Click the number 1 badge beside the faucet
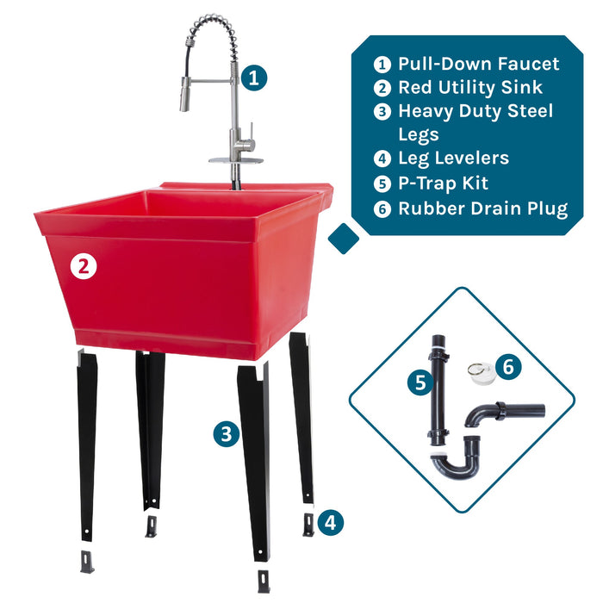pyautogui.click(x=252, y=78)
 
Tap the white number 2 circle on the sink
pyautogui.click(x=83, y=266)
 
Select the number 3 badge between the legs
pyautogui.click(x=227, y=434)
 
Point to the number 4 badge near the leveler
pyautogui.click(x=331, y=520)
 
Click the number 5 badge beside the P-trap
pyautogui.click(x=420, y=381)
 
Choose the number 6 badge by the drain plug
pyautogui.click(x=508, y=366)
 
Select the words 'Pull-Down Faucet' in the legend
pyautogui.click(x=478, y=64)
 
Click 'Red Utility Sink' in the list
pyautogui.click(x=470, y=87)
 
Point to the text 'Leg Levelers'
pyautogui.click(x=453, y=159)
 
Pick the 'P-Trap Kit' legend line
pyautogui.click(x=443, y=183)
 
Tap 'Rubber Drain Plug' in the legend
pyautogui.click(x=482, y=208)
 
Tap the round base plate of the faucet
pyautogui.click(x=235, y=159)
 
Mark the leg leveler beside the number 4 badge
pyautogui.click(x=308, y=525)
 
